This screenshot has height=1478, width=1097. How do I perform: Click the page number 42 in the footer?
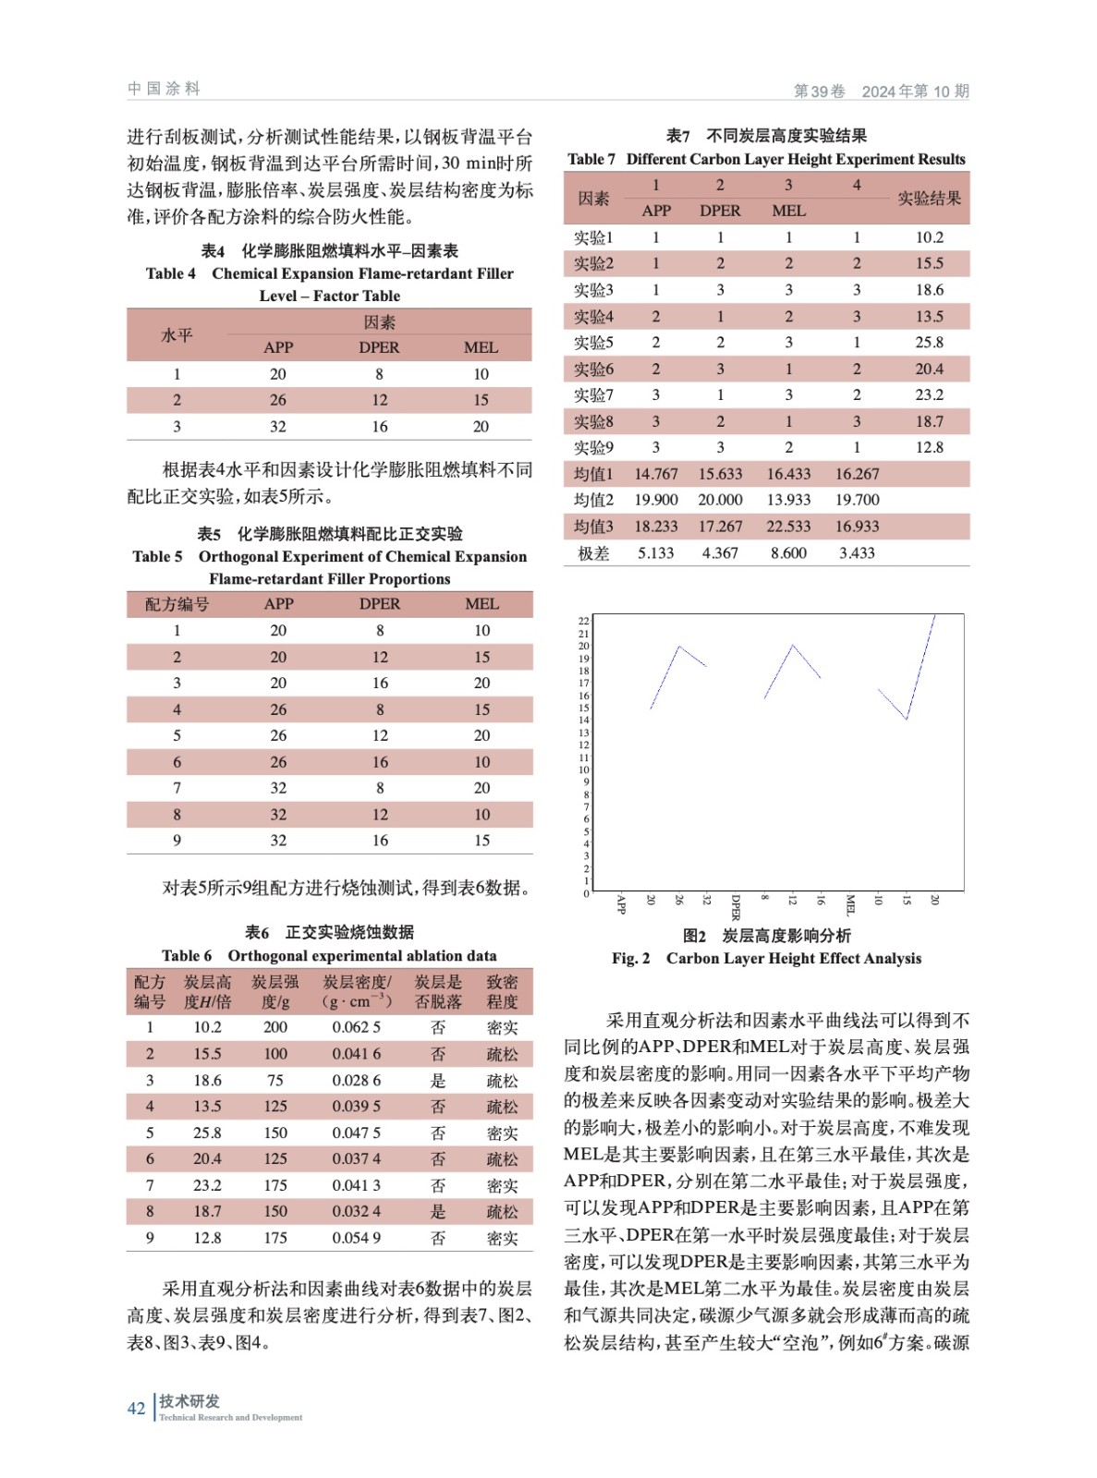coord(136,1408)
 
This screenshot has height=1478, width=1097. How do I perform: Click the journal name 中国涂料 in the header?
coord(164,89)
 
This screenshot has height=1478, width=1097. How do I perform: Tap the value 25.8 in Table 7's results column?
coord(929,343)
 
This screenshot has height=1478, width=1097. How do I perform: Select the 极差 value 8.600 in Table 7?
coord(788,553)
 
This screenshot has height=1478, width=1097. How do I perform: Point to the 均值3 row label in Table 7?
coord(593,527)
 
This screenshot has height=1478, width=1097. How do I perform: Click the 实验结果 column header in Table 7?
coord(929,199)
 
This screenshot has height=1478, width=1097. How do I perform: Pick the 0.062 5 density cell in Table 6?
coord(356,1027)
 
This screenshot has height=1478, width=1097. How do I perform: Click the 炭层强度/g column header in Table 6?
coord(275,991)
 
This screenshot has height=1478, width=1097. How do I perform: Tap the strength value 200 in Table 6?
coord(275,1027)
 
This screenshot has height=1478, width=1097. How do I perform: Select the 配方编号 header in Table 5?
coord(177,604)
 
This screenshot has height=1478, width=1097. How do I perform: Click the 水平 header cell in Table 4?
coord(177,334)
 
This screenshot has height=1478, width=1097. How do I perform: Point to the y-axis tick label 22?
coord(584,621)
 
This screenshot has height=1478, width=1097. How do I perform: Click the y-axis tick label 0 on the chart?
coord(586,893)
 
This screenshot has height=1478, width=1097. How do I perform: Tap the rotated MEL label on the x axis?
coord(850,904)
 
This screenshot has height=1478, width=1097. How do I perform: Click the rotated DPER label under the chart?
coord(736,907)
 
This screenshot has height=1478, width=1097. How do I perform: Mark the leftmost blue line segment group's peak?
coord(679,647)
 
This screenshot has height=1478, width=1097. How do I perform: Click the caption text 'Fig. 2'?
coord(630,959)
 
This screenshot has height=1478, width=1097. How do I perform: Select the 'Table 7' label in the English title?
coord(591,160)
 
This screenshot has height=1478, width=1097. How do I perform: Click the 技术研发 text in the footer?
coord(189,1401)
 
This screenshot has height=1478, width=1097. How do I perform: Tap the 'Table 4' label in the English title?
coord(171,273)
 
